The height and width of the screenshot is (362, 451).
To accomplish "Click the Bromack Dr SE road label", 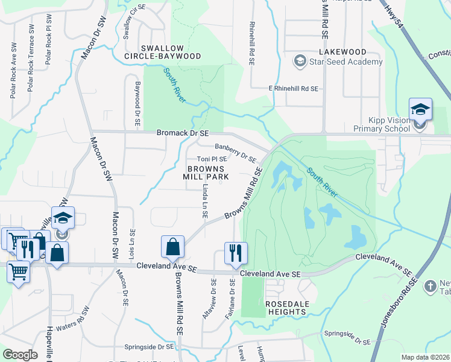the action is (182, 133).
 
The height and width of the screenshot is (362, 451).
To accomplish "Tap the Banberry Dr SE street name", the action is (236, 151).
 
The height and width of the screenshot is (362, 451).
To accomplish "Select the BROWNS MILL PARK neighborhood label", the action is (207, 173).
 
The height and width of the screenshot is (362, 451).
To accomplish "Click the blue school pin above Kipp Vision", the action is (420, 110).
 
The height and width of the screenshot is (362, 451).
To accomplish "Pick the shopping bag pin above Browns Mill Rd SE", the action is (172, 247).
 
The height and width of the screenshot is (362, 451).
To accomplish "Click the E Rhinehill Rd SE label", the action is (293, 89).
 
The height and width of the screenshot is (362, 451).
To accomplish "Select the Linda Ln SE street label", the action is (206, 203).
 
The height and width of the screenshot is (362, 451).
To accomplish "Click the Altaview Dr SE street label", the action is (213, 299).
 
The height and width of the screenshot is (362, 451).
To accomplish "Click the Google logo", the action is (20, 354).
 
